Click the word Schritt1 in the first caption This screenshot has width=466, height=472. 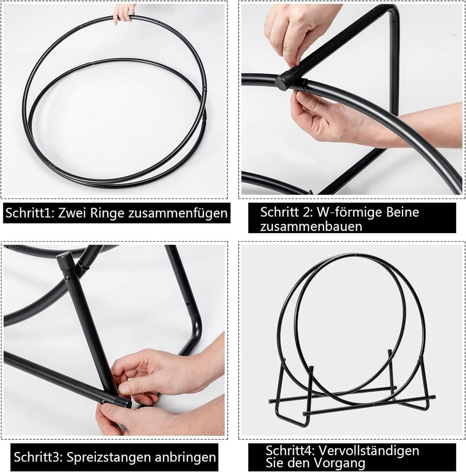click(x=28, y=213)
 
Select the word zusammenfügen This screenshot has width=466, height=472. click(x=178, y=213)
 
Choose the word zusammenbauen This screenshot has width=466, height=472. click(x=311, y=226)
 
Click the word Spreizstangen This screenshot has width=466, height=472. click(x=108, y=457)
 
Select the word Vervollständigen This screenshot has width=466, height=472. click(x=369, y=450)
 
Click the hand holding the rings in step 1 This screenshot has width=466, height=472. click(x=123, y=13)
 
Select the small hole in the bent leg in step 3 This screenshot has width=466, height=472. click(x=188, y=304)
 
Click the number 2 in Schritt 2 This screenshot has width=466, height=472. click(x=307, y=212)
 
